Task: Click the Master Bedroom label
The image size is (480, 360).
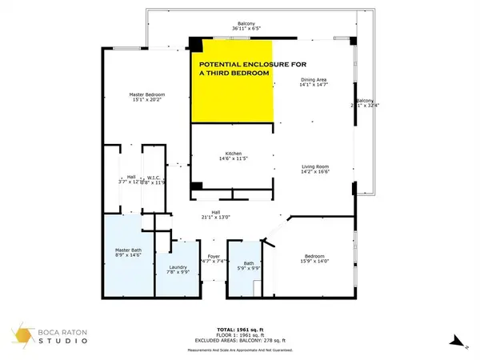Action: [147, 94]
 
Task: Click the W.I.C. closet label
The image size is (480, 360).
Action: [154, 178]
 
